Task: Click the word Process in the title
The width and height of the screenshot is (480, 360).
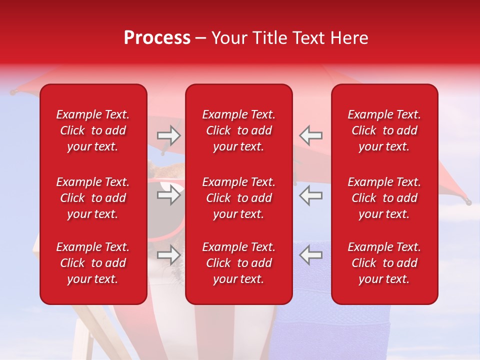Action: coord(157,38)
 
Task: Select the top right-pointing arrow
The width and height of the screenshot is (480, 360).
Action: coord(169,135)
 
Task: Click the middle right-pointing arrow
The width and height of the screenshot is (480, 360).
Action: coord(169,195)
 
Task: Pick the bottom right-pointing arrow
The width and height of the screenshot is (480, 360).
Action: coord(169,255)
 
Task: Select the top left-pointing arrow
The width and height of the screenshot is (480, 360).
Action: coord(310,135)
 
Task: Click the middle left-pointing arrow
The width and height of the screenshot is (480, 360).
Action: coord(310,195)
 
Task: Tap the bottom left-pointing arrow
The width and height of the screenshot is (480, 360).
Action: coord(310,255)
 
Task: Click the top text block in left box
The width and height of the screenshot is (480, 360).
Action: coord(93,130)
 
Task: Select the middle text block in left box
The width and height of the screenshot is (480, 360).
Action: coord(93,198)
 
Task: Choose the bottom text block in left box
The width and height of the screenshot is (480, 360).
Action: coord(93,263)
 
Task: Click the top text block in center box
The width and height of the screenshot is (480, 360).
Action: coord(238,130)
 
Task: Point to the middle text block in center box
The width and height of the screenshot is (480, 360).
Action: coord(238,198)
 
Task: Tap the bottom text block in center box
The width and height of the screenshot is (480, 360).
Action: coord(238,263)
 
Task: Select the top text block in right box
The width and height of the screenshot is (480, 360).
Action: coord(384,130)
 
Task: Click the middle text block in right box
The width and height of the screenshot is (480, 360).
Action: coord(384,198)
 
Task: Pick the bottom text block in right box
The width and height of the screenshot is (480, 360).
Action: coord(384,263)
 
